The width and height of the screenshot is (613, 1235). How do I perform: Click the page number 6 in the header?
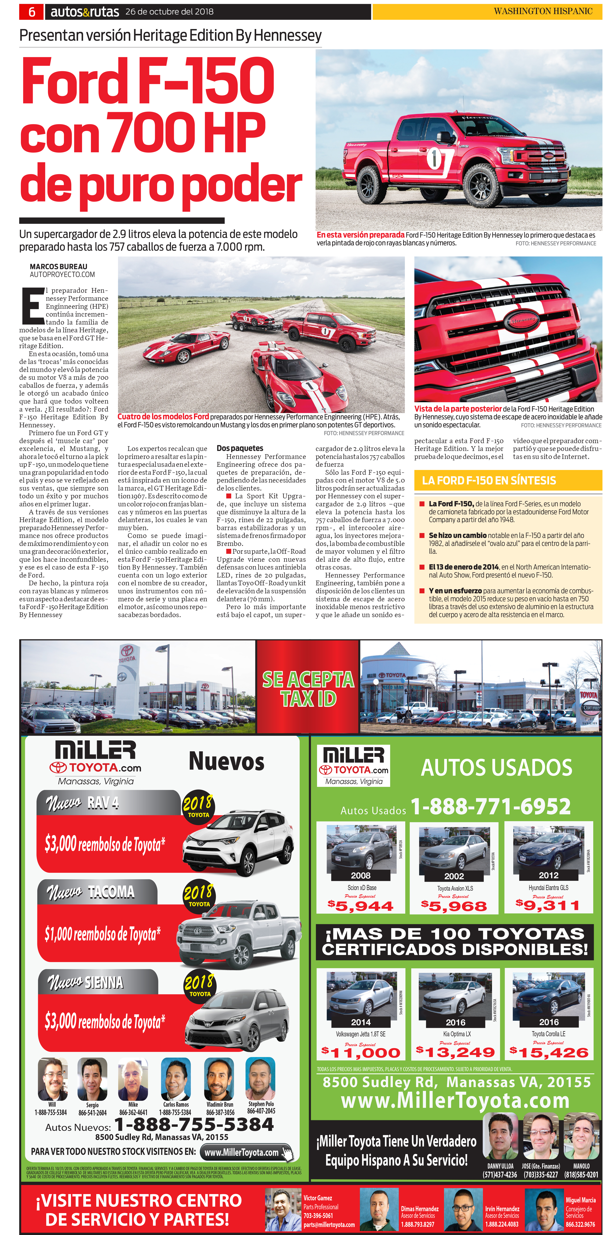point(32,11)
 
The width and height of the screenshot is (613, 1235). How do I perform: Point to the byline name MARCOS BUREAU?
point(58,266)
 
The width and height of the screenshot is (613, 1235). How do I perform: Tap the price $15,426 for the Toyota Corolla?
point(549,1053)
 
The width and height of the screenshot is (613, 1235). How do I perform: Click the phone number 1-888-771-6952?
point(490,807)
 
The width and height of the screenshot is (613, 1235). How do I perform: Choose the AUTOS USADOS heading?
point(496,767)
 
